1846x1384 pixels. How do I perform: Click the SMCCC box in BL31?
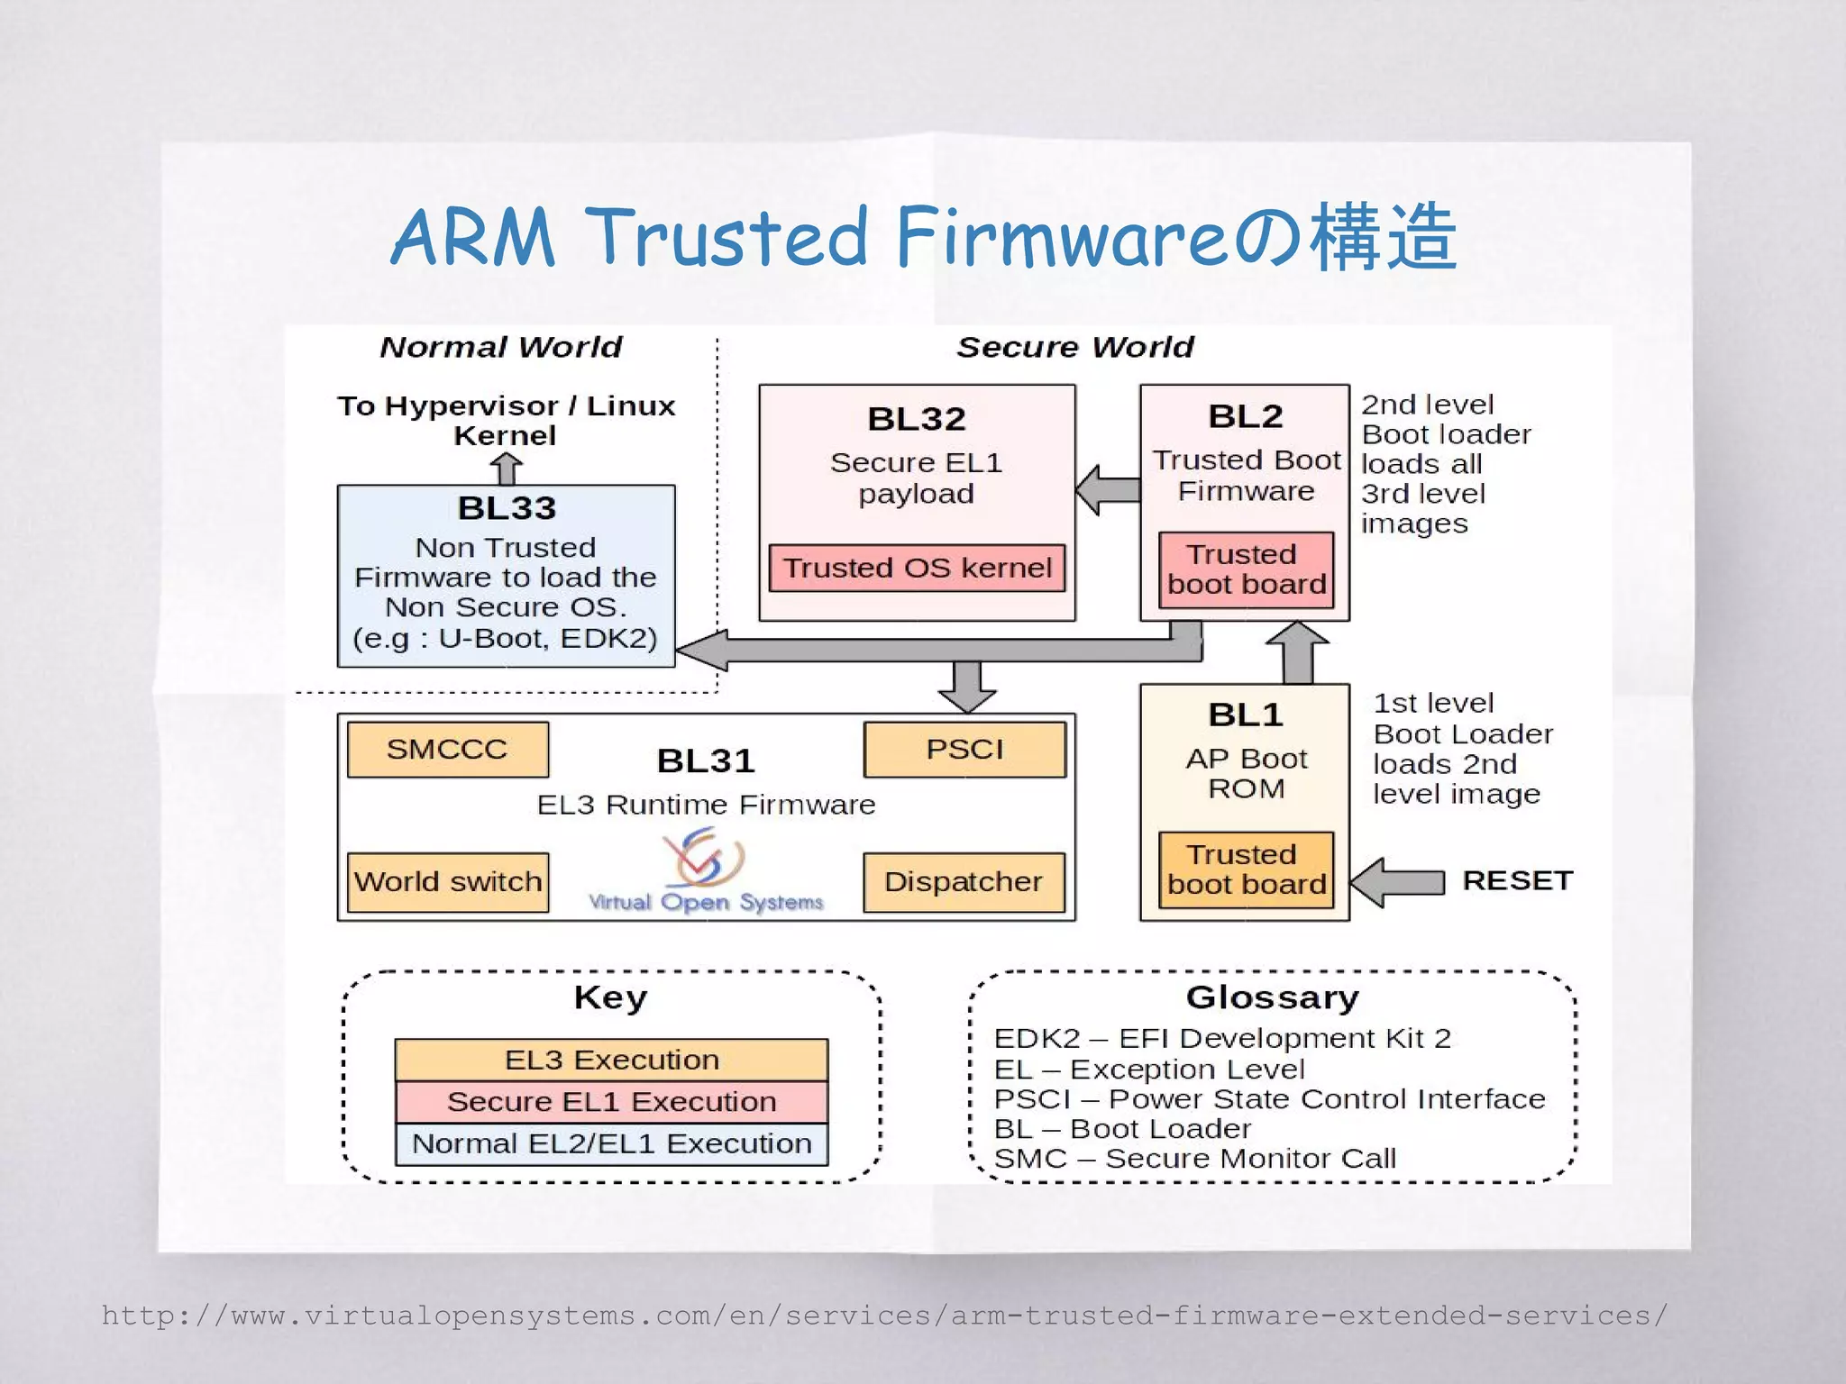point(447,749)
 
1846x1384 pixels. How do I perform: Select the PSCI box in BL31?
point(964,749)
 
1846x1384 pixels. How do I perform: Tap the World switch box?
point(448,881)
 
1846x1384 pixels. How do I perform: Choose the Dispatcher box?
point(964,881)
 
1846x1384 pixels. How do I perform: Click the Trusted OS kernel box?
point(917,568)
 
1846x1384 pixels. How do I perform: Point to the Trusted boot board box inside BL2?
point(1246,569)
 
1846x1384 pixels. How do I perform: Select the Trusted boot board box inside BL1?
point(1246,869)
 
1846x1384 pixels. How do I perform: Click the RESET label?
point(1517,880)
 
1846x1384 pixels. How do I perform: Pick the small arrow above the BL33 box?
point(507,469)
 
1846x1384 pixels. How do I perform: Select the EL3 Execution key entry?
point(611,1060)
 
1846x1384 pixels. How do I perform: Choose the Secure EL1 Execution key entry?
point(611,1101)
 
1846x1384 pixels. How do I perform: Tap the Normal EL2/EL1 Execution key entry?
point(611,1143)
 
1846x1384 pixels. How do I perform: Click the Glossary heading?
point(1272,997)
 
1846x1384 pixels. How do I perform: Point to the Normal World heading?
point(501,347)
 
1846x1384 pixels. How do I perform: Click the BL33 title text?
point(507,508)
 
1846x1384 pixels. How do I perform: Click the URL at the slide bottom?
point(883,1316)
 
